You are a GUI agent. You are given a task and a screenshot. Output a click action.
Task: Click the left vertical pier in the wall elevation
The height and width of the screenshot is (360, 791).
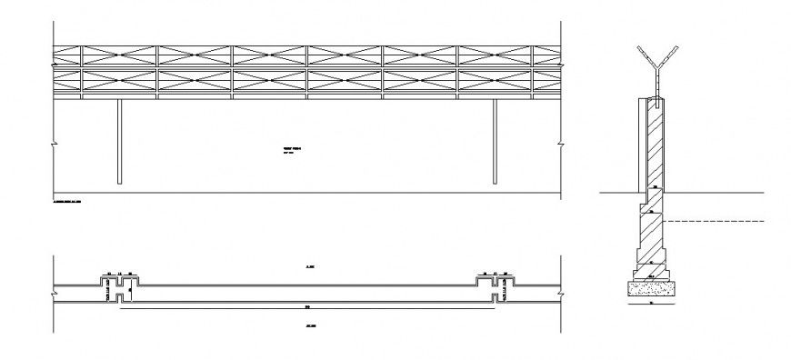119,142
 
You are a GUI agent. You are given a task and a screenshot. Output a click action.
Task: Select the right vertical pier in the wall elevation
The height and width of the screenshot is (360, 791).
495,142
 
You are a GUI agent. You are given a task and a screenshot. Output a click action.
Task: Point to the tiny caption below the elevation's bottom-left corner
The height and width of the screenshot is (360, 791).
67,198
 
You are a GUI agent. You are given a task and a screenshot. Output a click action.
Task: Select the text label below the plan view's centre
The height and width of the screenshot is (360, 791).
309,325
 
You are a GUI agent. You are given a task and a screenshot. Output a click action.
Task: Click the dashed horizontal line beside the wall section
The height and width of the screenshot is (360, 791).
718,222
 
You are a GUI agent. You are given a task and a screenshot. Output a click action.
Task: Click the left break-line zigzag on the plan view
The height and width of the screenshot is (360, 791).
54,293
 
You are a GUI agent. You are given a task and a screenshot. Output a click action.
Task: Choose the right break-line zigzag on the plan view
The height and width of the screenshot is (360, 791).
561,293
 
